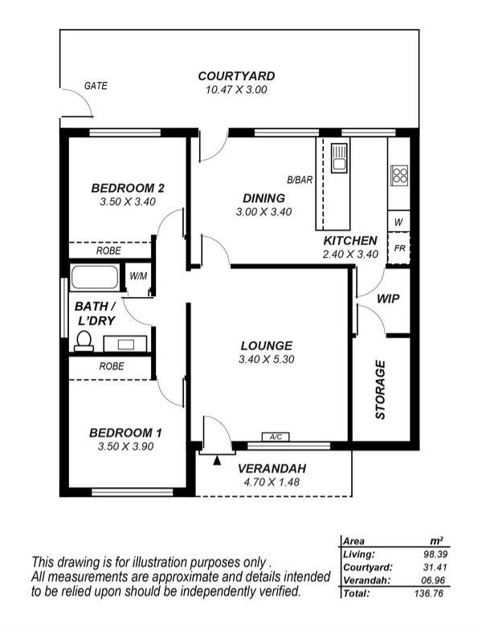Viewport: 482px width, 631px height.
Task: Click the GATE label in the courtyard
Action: coord(96,86)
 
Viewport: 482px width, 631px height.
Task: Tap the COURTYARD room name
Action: coord(236,76)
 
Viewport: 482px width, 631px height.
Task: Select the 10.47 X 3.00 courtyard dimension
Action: coord(236,90)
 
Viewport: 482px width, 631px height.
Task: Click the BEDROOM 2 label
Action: coord(128,188)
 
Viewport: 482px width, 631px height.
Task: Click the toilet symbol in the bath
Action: coord(83,342)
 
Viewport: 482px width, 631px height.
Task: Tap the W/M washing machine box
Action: coord(139,277)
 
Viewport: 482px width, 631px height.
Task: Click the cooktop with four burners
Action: coord(399,175)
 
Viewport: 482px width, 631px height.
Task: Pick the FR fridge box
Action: coord(398,248)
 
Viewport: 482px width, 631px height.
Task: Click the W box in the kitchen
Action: coord(398,221)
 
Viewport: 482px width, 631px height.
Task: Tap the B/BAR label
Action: coord(300,180)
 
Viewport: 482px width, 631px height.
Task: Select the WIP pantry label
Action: coord(388,299)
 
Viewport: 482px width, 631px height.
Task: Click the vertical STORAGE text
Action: coord(381,390)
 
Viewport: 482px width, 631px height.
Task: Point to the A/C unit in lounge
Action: coord(276,437)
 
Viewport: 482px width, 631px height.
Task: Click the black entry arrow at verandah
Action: coord(216,460)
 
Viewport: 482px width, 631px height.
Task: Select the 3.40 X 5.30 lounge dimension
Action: coord(266,360)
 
